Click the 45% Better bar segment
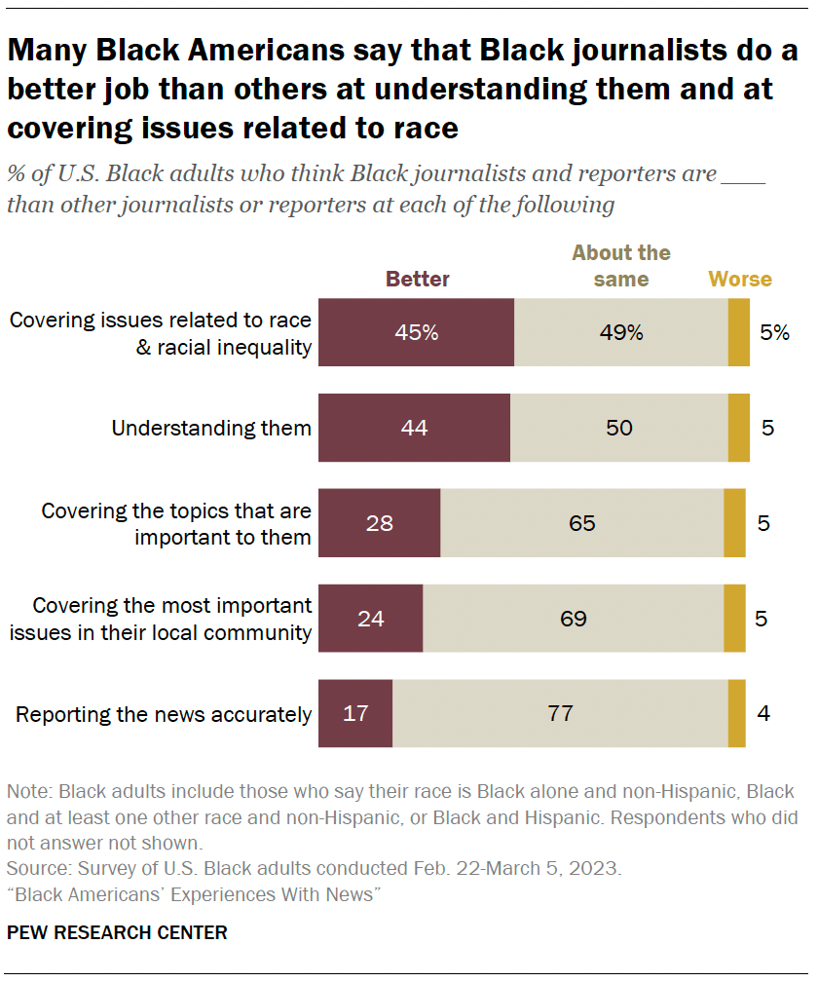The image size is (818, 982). (416, 332)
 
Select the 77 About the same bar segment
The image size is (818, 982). (560, 714)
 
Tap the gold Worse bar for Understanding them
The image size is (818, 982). (738, 428)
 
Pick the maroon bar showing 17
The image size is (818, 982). (355, 714)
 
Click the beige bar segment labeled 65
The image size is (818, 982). (581, 523)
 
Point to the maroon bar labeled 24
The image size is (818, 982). (371, 619)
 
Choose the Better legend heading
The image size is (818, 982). (418, 280)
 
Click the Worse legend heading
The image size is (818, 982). (740, 280)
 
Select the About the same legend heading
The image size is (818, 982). (621, 266)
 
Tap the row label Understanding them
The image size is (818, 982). (211, 428)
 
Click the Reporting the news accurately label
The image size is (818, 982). (164, 714)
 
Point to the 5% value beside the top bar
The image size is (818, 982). (775, 332)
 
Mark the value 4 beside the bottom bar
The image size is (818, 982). (763, 714)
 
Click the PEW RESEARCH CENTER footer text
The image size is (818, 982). (117, 932)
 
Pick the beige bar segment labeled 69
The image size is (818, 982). (574, 619)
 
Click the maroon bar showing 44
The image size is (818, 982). (414, 428)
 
